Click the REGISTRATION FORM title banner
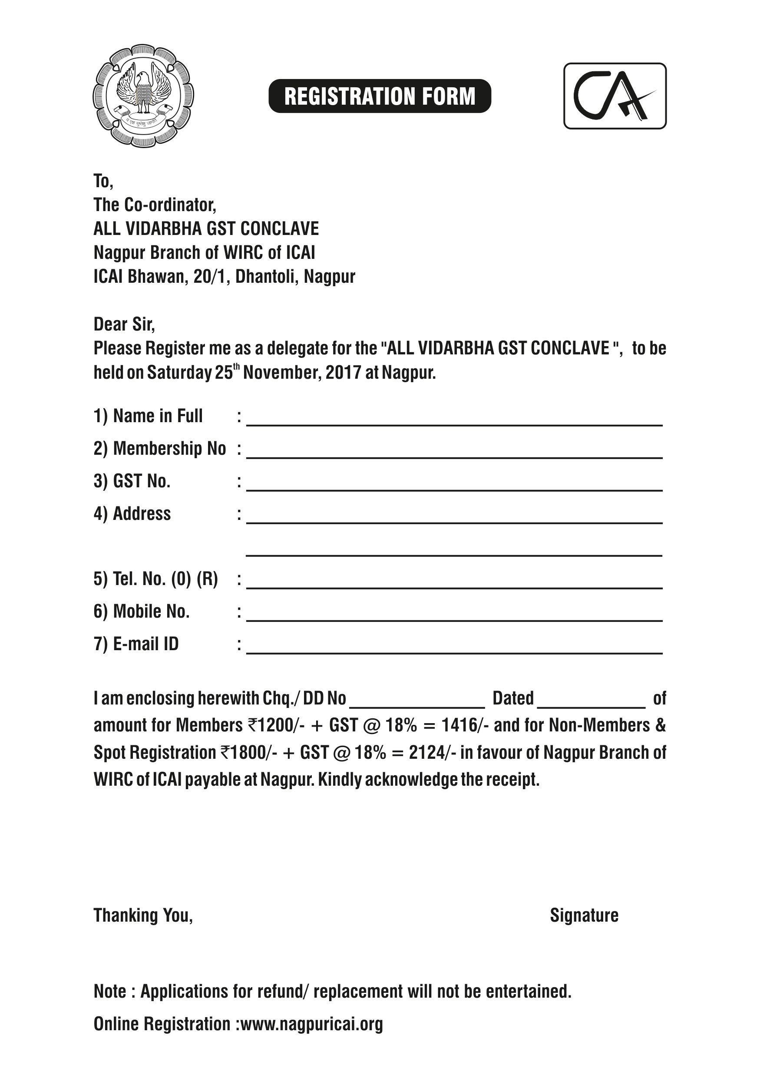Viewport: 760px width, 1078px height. tap(379, 96)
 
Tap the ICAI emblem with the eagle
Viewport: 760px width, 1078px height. tap(143, 96)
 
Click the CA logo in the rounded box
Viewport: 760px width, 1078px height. tap(615, 96)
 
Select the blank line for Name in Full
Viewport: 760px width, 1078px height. tap(454, 420)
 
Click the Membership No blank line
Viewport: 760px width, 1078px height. tap(454, 453)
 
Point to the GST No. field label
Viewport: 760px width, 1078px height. tap(132, 481)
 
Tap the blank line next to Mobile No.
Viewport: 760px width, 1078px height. tap(454, 615)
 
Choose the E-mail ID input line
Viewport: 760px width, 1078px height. tap(454, 648)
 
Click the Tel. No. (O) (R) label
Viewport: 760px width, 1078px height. tap(156, 579)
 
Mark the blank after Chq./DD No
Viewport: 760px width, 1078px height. tap(417, 702)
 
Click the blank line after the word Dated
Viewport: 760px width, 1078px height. tap(591, 702)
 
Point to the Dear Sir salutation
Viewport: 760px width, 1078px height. tap(124, 324)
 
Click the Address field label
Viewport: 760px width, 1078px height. tap(132, 514)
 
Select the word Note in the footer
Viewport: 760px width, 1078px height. tap(110, 992)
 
